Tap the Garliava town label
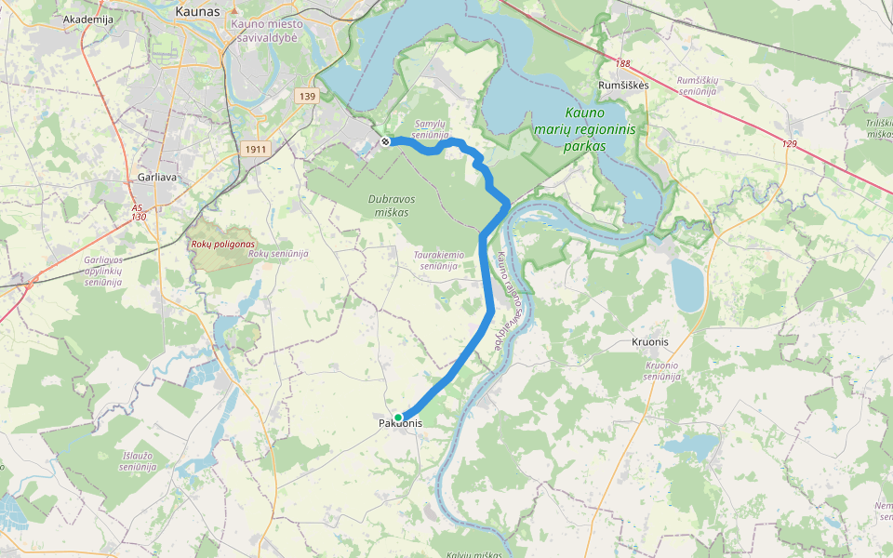pos(150,176)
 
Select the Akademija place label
pos(87,19)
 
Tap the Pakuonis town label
pos(400,424)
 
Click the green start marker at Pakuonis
pos(398,417)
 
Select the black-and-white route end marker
pos(385,141)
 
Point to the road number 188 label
pos(622,63)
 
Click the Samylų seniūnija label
pos(430,128)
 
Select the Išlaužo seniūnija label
pos(137,461)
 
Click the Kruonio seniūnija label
pos(663,371)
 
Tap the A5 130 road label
pos(139,212)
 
